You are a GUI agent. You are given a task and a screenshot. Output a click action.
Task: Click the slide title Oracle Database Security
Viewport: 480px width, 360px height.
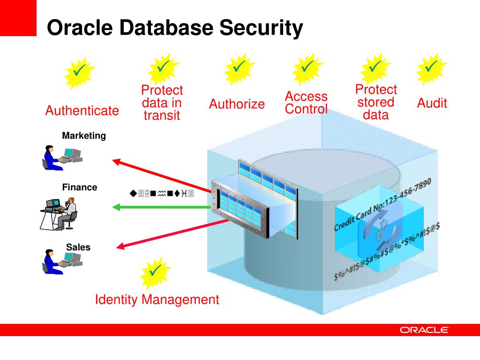(175, 28)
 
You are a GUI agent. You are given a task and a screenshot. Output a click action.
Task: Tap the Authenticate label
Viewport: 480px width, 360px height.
(82, 111)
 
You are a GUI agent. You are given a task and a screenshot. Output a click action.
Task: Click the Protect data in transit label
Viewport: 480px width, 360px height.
(162, 103)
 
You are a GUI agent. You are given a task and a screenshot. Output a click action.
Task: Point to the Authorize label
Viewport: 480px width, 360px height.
(237, 104)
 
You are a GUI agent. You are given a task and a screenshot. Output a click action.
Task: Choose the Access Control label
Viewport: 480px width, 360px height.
(306, 103)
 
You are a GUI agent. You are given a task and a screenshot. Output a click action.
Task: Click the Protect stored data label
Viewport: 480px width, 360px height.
(376, 102)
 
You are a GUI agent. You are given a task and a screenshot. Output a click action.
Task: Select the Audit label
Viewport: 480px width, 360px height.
(432, 103)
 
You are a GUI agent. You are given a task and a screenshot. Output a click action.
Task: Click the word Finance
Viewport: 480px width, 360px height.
(80, 187)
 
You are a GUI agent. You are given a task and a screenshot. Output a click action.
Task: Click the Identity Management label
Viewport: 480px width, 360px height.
(157, 300)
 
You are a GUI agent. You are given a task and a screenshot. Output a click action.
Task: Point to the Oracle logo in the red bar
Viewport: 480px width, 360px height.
(424, 330)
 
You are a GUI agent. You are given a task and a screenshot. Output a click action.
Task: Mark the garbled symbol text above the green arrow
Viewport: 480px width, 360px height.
(162, 193)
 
